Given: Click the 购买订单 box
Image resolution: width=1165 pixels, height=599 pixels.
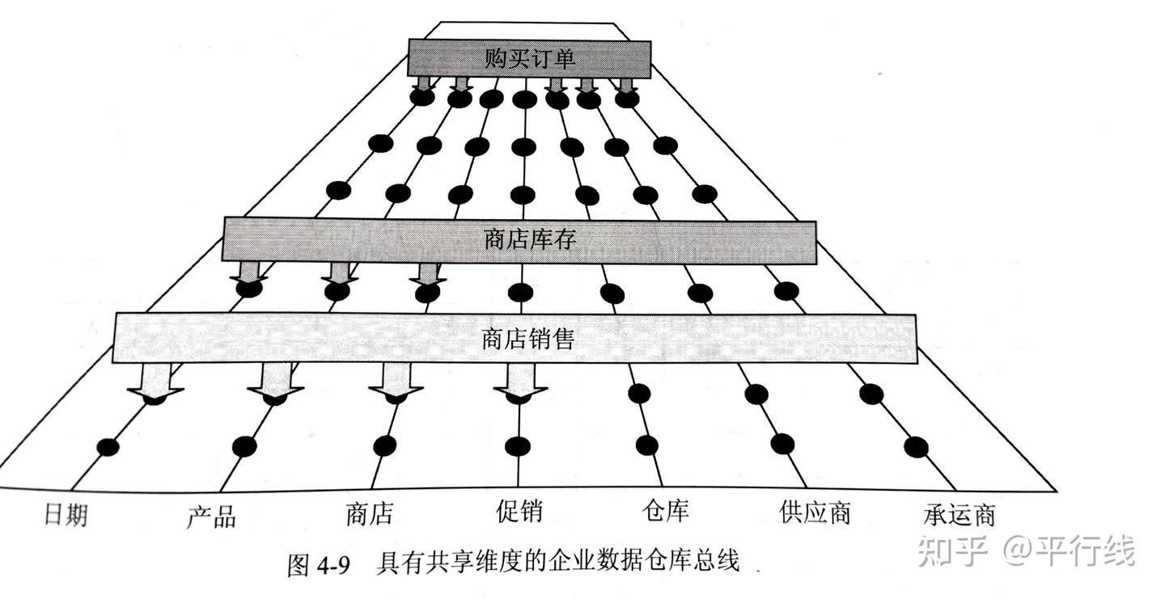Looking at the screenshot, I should coord(529,57).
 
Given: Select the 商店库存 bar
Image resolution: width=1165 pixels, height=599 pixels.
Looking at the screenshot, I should coord(519,240).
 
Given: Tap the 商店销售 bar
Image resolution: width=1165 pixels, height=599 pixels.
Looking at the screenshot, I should coord(514,338).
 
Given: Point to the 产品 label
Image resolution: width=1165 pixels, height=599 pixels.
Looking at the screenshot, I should coord(211,516).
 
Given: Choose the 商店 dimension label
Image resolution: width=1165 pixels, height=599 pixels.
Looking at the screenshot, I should coord(369,514).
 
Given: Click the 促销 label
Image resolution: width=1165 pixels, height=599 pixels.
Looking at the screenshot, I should coord(519,511).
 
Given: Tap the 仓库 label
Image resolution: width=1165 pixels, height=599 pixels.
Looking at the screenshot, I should coord(665,511).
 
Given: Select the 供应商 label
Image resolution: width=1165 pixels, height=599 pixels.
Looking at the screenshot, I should coord(815,512).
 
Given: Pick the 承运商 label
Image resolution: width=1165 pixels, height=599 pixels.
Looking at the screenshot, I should coord(959,514).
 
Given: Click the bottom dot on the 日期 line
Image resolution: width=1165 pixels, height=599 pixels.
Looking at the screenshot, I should coord(107,447).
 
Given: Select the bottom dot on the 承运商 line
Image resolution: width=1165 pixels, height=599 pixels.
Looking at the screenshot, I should coord(916,446).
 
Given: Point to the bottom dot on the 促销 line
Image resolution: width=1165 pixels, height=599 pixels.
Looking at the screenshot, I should coord(517,446).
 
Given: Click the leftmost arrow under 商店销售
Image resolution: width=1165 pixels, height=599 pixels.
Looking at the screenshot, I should coord(155,381).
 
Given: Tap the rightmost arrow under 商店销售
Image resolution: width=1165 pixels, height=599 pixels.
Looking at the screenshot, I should coord(519,381).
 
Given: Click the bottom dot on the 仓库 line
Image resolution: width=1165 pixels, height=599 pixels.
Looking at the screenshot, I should coord(646,445).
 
